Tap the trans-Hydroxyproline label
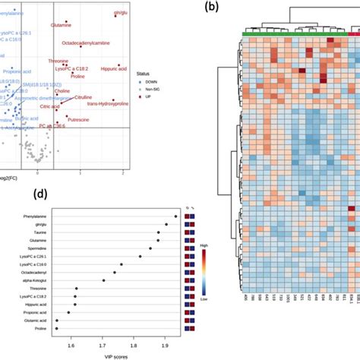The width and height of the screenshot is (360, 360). pyautogui.click(x=110, y=113)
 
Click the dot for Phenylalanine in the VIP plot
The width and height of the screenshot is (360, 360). pyautogui.click(x=175, y=216)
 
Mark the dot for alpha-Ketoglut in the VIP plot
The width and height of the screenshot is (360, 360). pyautogui.click(x=103, y=282)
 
